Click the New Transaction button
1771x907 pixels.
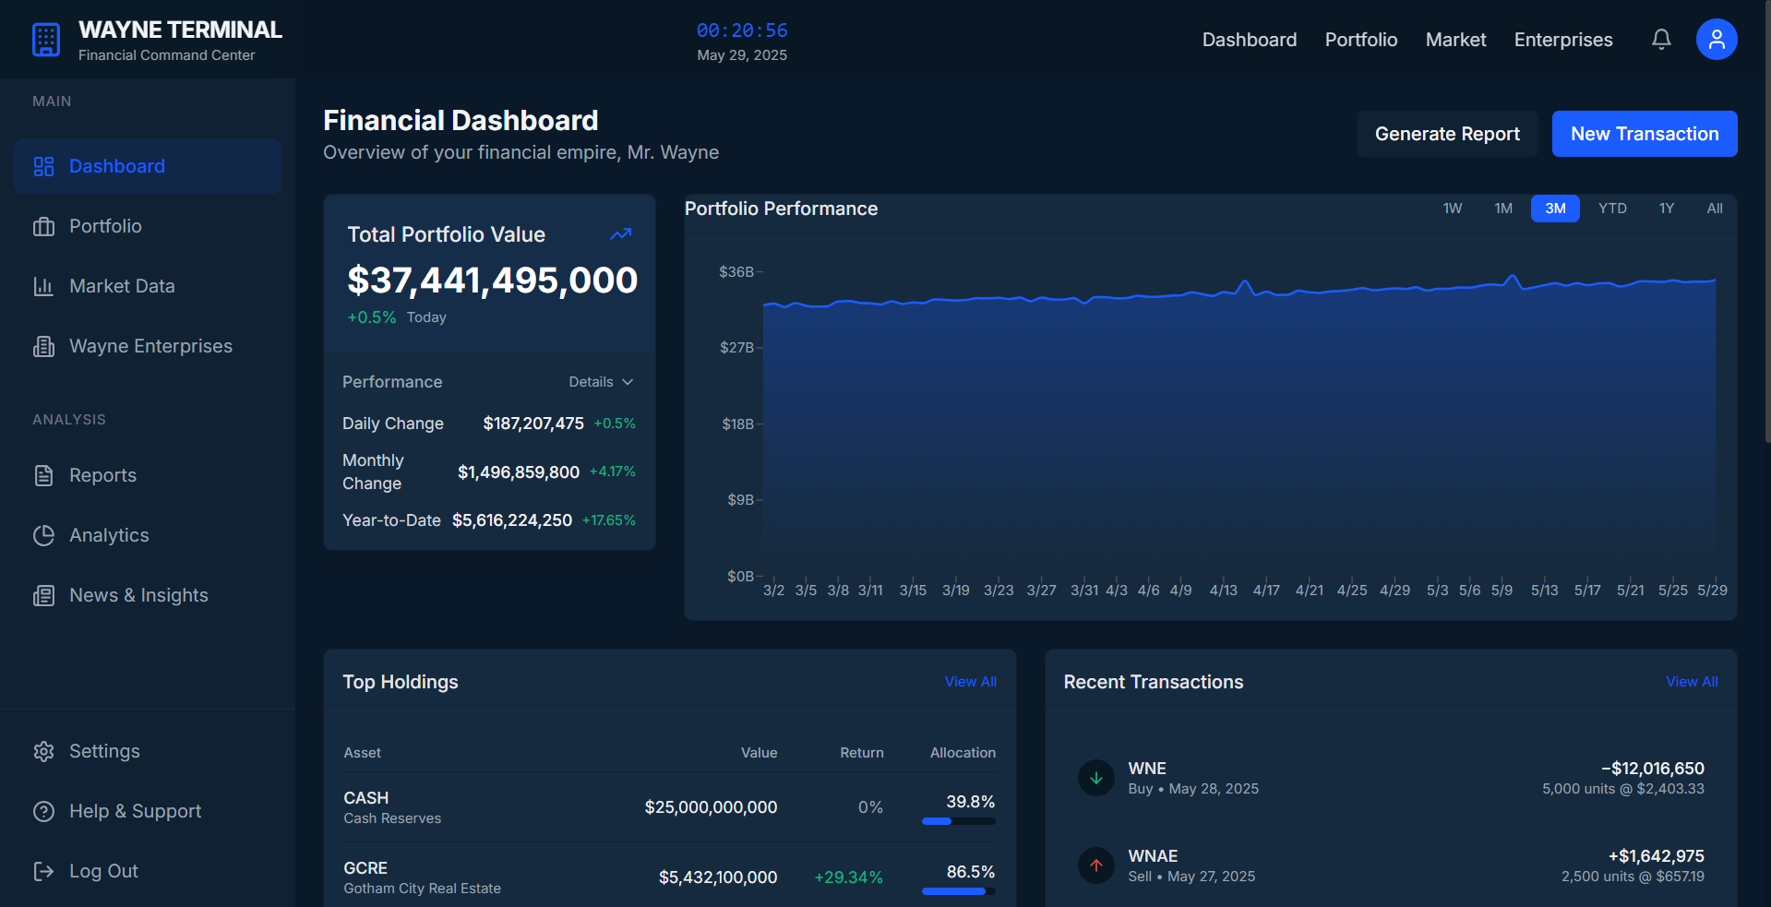click(1644, 134)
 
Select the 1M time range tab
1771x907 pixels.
click(1503, 209)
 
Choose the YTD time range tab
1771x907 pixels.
click(1612, 209)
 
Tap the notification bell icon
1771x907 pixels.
click(1661, 40)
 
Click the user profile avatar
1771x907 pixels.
click(1716, 40)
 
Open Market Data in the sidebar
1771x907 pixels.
click(122, 286)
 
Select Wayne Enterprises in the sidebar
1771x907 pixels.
click(150, 346)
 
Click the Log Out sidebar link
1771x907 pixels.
click(103, 871)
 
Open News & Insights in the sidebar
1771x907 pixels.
click(138, 595)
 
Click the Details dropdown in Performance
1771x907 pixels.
click(601, 382)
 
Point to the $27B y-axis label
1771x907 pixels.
click(736, 348)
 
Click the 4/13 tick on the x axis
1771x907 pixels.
click(1223, 591)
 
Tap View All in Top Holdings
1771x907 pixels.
click(970, 682)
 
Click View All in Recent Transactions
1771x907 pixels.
click(1692, 682)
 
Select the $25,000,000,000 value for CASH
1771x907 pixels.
click(711, 807)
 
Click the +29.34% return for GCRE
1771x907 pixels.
click(848, 877)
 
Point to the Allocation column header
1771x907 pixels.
click(963, 753)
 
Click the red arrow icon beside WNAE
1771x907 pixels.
click(1096, 865)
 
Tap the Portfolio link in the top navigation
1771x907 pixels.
click(1360, 40)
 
